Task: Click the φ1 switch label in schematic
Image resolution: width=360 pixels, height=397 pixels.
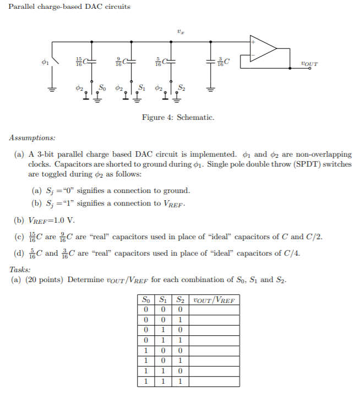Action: [46, 62]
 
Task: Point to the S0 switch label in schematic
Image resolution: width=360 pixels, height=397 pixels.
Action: [103, 87]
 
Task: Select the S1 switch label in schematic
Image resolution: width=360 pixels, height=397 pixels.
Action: [142, 87]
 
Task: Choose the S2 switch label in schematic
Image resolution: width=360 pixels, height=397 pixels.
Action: [182, 87]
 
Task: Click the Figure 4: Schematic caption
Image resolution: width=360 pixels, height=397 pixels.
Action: [178, 118]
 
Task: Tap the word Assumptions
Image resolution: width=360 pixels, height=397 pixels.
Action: [32, 137]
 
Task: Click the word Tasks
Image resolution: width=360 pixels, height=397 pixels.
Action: [20, 269]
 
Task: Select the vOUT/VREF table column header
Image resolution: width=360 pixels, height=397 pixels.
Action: [214, 300]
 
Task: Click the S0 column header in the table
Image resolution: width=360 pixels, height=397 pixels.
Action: [145, 300]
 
